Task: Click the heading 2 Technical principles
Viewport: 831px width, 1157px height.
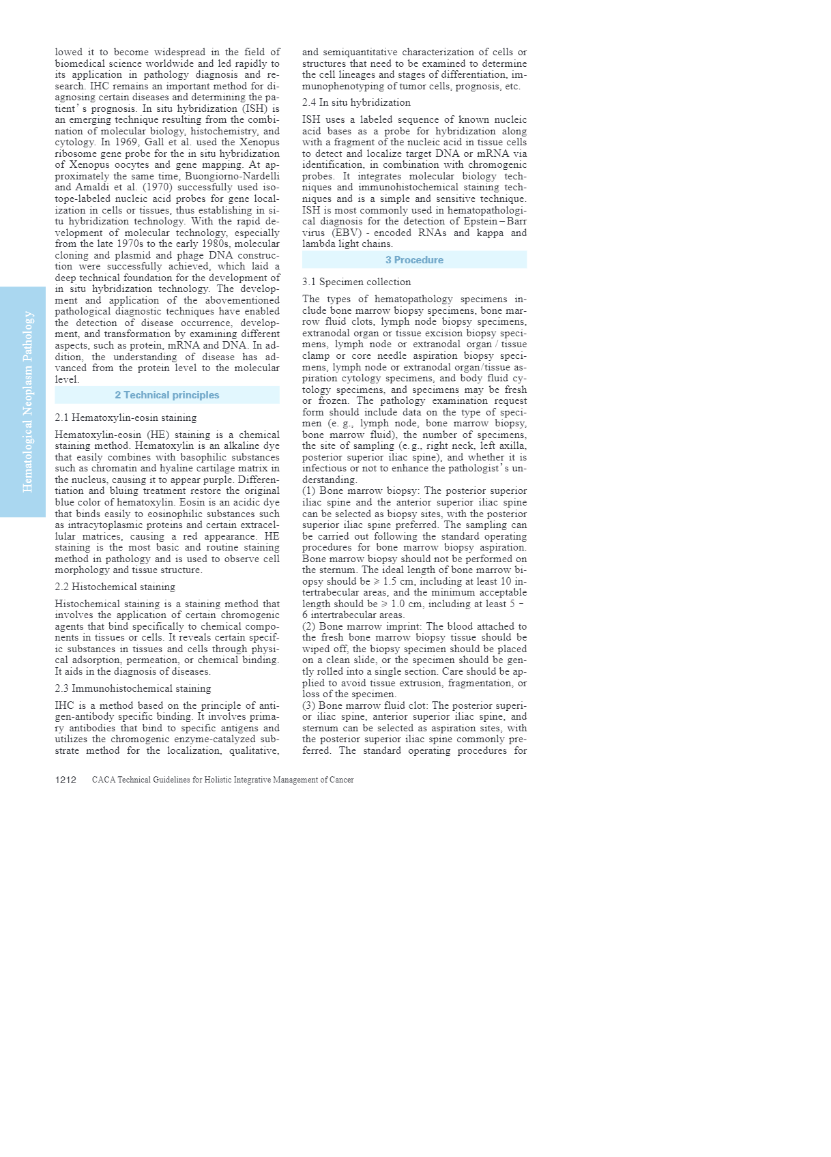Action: click(167, 395)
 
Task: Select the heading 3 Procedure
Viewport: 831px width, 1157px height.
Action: click(414, 260)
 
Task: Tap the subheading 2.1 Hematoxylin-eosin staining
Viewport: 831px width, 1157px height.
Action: click(126, 418)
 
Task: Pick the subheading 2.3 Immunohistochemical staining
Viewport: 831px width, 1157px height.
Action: click(133, 688)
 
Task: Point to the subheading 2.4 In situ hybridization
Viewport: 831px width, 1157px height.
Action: click(356, 102)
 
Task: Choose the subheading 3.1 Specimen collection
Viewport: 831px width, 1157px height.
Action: click(356, 282)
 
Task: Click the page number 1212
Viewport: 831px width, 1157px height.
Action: click(65, 780)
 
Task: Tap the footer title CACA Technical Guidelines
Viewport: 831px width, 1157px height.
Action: click(222, 780)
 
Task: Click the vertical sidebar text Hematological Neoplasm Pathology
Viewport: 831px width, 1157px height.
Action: click(28, 401)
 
